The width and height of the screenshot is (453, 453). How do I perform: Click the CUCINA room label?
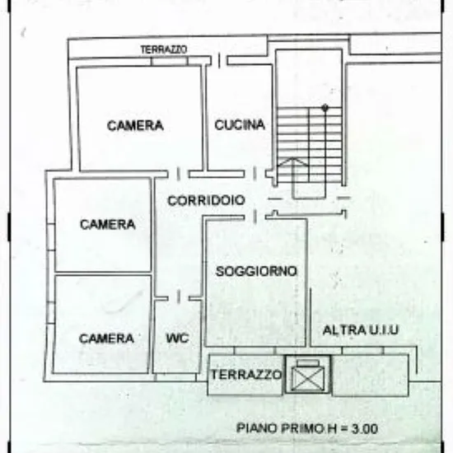240,125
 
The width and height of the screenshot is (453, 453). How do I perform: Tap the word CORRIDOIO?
206,200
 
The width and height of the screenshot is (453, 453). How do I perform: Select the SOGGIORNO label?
256,271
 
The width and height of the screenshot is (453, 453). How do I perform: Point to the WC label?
177,338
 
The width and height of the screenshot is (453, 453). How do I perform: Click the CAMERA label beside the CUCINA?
135,125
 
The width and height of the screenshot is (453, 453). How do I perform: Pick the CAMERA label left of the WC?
106,339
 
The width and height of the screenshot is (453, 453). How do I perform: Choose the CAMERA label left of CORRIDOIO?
107,224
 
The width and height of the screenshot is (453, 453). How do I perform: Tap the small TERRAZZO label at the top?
164,49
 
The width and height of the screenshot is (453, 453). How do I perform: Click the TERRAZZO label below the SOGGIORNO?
246,375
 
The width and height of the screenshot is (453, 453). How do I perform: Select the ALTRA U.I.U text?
360,330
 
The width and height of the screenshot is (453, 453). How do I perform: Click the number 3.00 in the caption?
365,429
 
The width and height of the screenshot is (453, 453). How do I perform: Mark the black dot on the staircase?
325,108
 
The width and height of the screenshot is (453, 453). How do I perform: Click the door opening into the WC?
178,297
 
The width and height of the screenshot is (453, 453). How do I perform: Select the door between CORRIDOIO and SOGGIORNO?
255,217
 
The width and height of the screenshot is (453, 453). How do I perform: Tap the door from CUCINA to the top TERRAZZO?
219,60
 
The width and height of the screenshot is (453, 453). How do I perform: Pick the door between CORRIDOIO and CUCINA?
255,173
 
